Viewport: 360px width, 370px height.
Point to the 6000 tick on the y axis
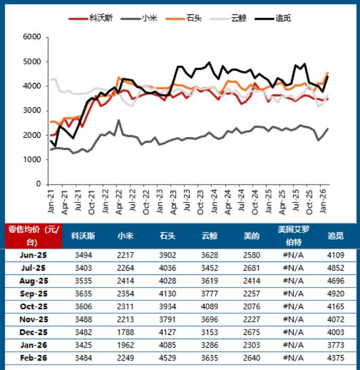32,37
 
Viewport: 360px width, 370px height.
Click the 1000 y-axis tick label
32,159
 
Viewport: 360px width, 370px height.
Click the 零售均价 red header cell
33,236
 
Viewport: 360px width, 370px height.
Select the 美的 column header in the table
251,236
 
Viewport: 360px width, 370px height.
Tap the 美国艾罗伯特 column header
293,236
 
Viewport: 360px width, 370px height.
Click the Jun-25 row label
33,256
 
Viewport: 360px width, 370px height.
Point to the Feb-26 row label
33,358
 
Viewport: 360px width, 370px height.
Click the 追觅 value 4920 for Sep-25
336,294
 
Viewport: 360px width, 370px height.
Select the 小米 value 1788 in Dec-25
125,332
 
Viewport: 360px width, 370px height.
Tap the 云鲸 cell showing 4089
210,307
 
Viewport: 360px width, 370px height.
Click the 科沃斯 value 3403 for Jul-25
84,268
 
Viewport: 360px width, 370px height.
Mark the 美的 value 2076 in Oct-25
251,307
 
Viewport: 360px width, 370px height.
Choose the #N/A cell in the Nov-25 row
293,319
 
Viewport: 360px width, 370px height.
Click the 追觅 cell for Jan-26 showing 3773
336,345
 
